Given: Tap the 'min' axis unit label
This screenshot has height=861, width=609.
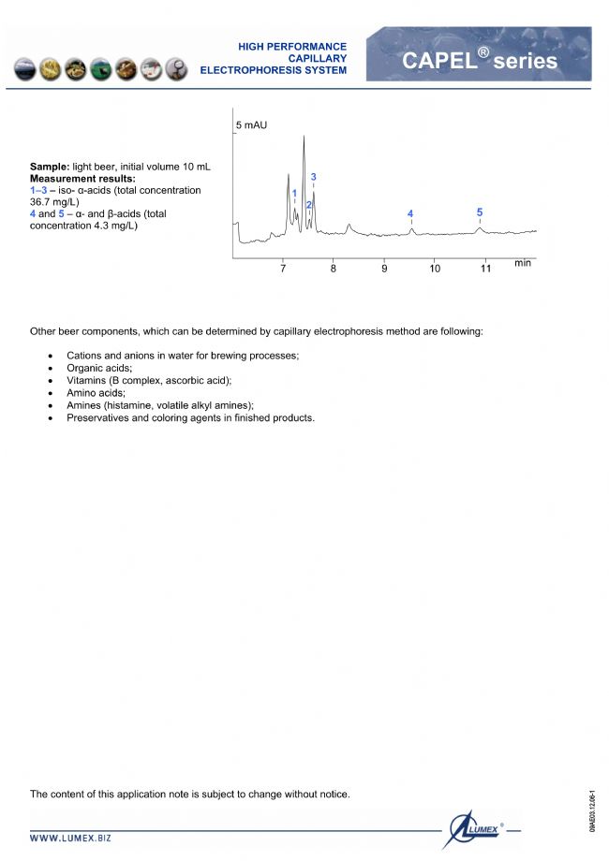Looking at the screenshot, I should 523,263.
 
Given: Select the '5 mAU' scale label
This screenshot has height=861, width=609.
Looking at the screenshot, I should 251,124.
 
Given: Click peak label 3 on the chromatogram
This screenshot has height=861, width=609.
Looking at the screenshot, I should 314,177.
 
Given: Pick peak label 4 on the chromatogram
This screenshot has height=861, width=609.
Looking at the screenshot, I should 410,214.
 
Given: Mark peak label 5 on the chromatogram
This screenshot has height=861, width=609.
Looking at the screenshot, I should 480,212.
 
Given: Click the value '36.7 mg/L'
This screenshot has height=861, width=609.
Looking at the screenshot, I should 54,202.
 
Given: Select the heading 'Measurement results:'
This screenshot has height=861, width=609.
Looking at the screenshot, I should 82,179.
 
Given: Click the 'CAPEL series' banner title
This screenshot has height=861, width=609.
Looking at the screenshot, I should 479,62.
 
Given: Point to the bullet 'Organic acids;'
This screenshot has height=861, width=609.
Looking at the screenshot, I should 99,369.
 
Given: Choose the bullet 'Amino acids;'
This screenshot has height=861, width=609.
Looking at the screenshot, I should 96,393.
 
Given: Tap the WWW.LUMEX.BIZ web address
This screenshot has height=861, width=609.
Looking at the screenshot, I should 70,839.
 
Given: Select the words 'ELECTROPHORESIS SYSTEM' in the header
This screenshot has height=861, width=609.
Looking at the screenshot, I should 273,70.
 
